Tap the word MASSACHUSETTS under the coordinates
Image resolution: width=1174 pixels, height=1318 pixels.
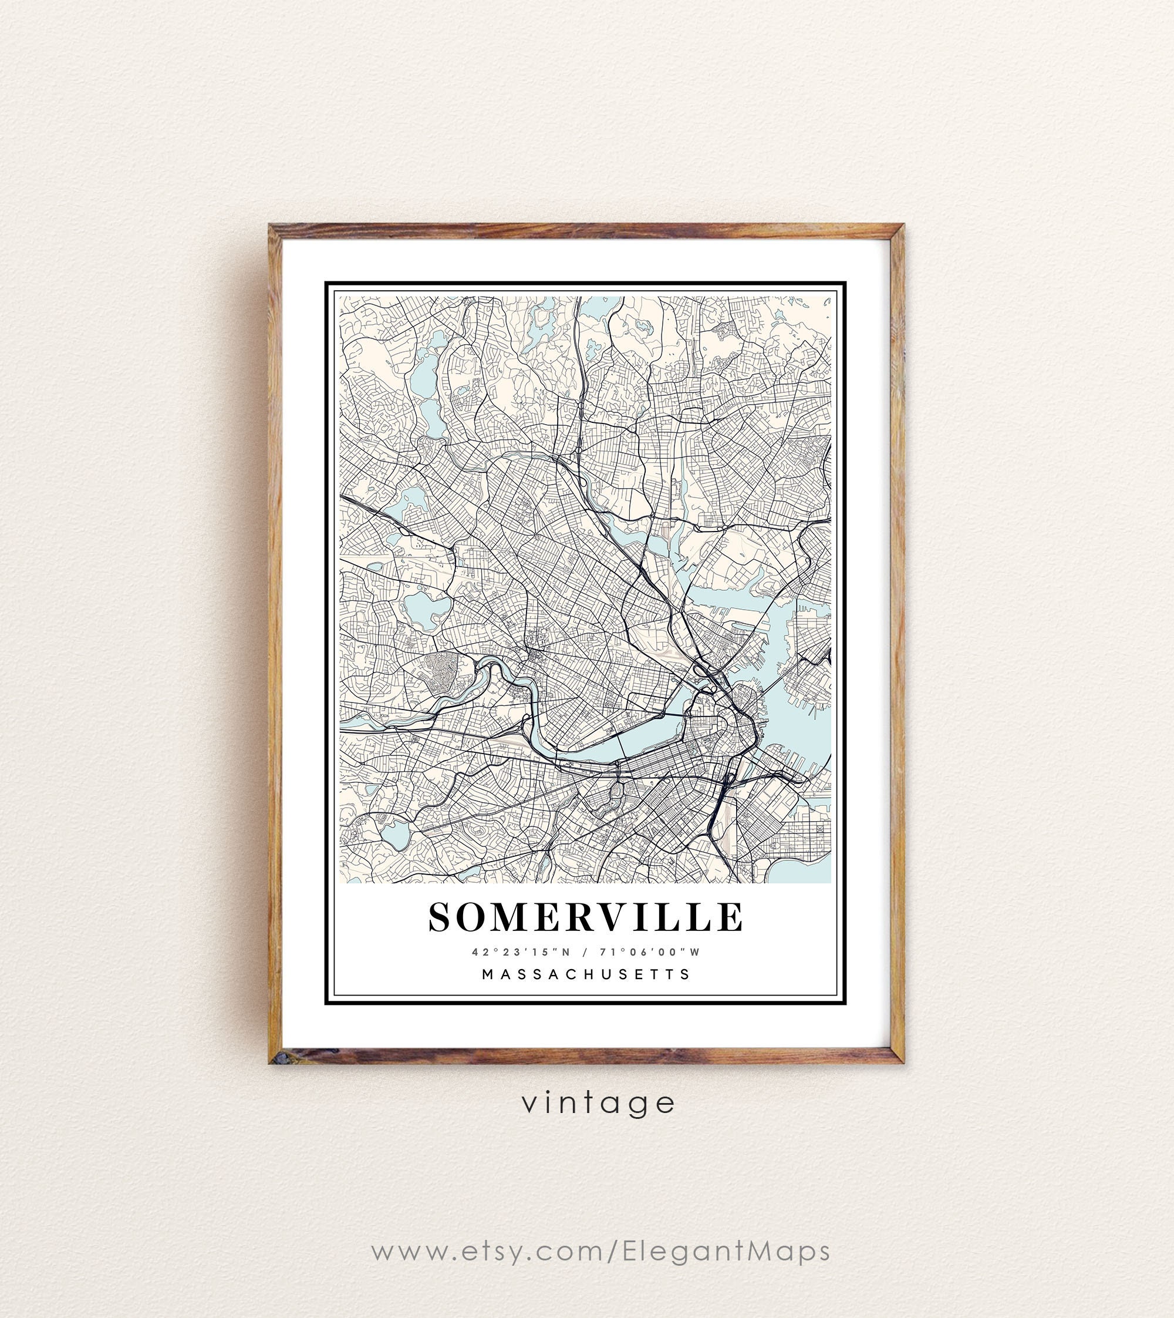click(x=586, y=974)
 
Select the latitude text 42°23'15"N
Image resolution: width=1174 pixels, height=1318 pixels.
click(x=513, y=952)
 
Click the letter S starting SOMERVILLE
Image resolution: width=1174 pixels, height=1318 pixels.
click(x=442, y=917)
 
